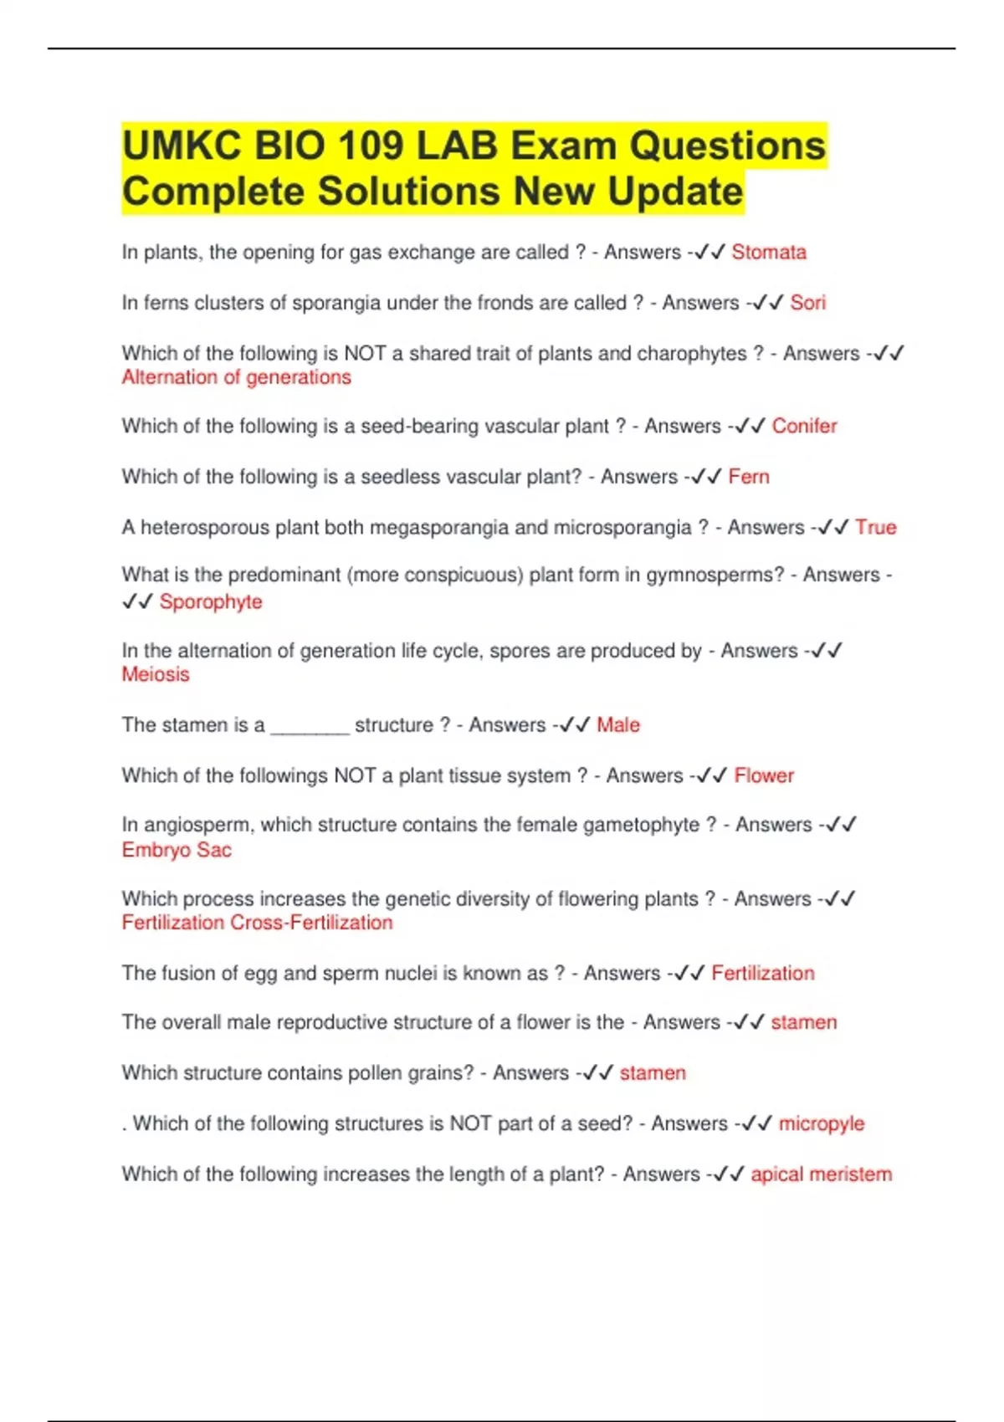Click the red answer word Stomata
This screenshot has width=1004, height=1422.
[768, 252]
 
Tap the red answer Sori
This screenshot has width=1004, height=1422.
[807, 302]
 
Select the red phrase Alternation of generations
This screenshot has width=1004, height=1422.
[236, 377]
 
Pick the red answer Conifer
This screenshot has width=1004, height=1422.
[804, 426]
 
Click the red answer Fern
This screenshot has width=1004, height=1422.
[749, 477]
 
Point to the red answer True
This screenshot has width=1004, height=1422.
[876, 527]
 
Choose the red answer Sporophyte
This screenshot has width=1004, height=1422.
[211, 601]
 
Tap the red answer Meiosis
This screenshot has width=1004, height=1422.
[156, 674]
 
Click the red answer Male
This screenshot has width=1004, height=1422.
[618, 724]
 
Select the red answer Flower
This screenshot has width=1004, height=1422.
[764, 775]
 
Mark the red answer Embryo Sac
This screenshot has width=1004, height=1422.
[177, 850]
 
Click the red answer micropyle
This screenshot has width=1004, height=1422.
[822, 1123]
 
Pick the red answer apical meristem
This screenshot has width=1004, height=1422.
[821, 1174]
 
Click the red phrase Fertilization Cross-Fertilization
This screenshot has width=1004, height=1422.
[257, 923]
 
